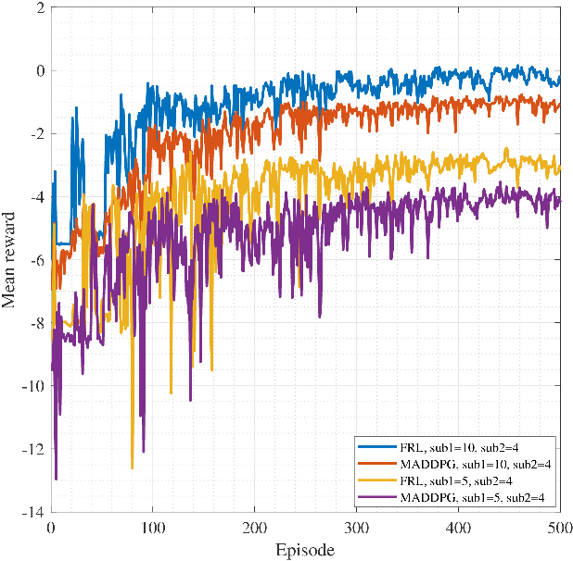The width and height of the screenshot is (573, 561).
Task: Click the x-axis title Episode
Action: click(x=305, y=550)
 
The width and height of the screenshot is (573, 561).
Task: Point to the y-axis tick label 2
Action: click(x=38, y=8)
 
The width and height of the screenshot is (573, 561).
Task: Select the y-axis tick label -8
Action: click(x=34, y=324)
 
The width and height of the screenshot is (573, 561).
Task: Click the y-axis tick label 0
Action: click(x=38, y=71)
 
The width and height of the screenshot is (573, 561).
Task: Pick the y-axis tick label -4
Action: click(x=34, y=197)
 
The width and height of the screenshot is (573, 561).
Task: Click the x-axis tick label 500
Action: click(x=559, y=527)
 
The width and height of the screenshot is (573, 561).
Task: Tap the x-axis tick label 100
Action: click(x=153, y=527)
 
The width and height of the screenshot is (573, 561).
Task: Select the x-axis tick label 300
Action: click(x=356, y=527)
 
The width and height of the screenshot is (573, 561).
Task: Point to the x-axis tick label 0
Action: click(x=51, y=527)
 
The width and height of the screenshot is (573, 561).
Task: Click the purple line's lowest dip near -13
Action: click(x=56, y=479)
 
